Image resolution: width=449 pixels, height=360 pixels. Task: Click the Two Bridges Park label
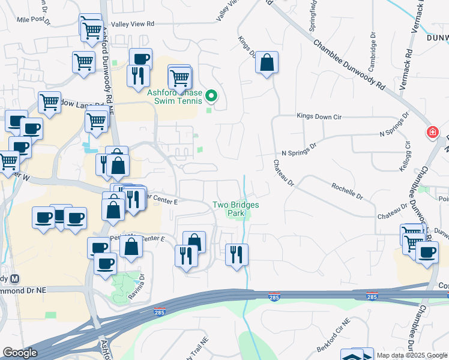tap(236, 208)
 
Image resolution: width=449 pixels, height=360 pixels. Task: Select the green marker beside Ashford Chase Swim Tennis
tap(211, 95)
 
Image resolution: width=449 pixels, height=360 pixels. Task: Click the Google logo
tap(20, 353)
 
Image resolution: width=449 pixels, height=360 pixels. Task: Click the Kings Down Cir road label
tap(322, 116)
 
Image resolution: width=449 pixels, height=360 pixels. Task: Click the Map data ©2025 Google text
tap(411, 355)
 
